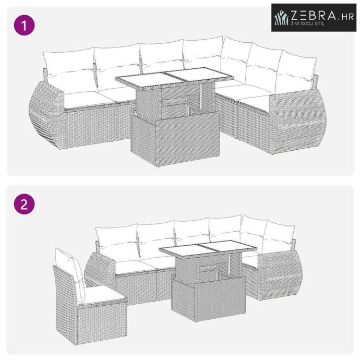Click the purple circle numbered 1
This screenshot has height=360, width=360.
click(x=25, y=25)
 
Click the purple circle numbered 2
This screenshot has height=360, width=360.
click(x=25, y=204)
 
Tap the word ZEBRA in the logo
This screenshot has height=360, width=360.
click(x=314, y=16)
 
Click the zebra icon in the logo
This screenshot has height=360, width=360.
click(x=281, y=18)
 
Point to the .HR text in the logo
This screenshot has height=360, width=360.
click(x=346, y=17)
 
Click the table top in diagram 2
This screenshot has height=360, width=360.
click(x=208, y=249)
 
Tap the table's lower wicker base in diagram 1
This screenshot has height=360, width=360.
click(x=175, y=137)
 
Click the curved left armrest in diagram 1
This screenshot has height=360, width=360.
click(x=46, y=115)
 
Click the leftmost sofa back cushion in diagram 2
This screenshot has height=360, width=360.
click(x=117, y=243)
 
